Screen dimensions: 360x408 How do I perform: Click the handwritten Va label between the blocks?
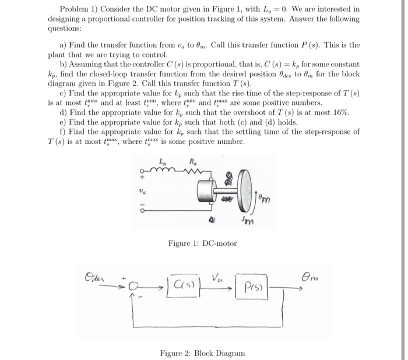tap(219, 277)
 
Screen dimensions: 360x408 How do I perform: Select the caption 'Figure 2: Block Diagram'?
tap(203, 353)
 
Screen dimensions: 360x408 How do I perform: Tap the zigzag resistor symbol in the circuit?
tap(192, 170)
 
